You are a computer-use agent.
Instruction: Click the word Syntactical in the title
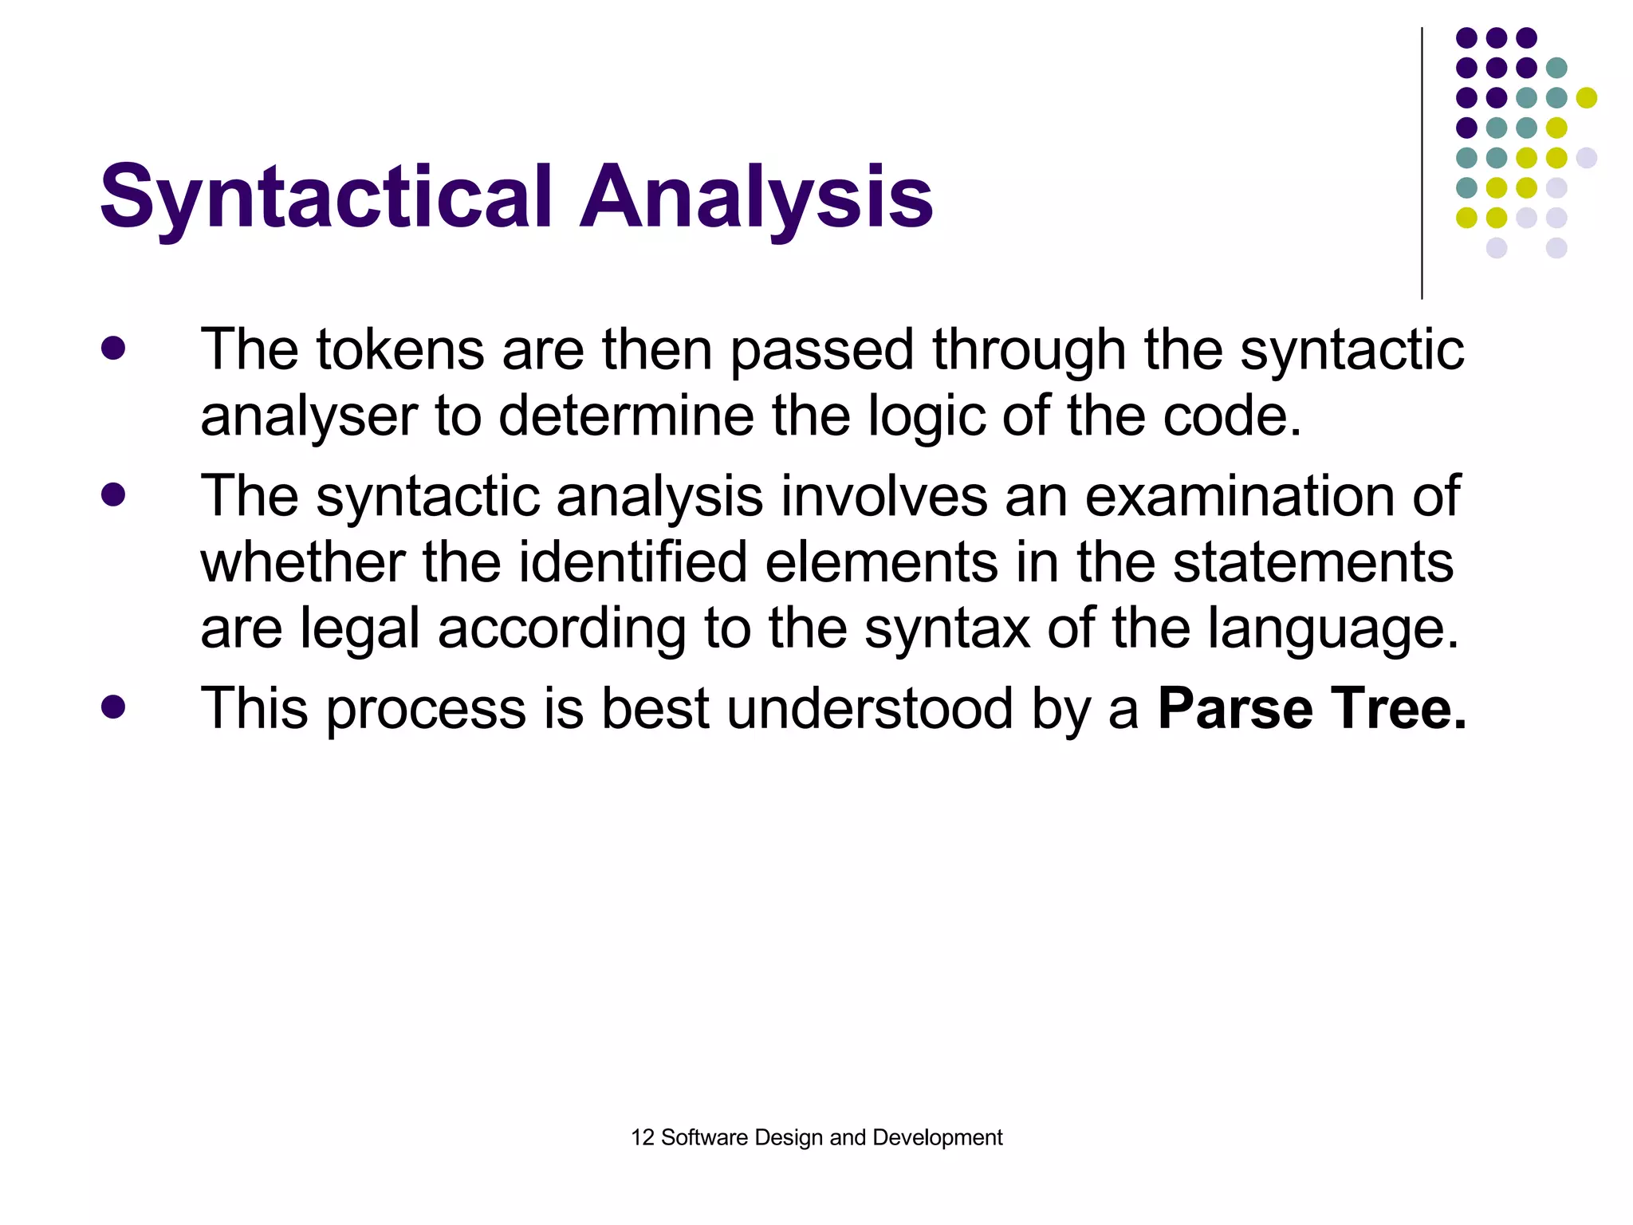[326, 196]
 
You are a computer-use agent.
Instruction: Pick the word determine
[626, 416]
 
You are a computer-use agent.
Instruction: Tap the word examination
[1240, 496]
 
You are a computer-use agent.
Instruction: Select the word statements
[1313, 562]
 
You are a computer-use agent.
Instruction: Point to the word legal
[359, 630]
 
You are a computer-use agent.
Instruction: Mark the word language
[1333, 630]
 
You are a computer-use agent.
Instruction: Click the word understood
[870, 708]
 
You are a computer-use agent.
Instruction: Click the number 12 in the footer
[642, 1137]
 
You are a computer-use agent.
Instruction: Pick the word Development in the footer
[938, 1137]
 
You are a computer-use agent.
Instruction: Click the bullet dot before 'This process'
[113, 707]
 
